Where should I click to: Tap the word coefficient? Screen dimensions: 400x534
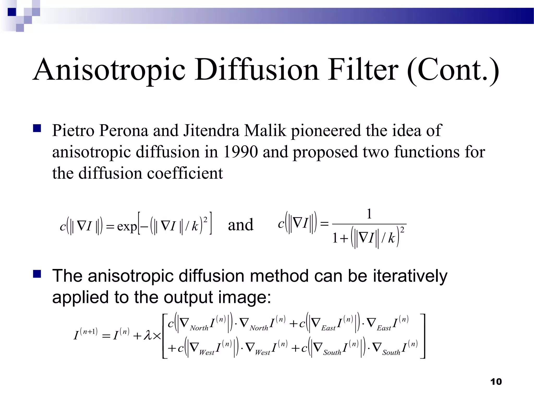coord(185,173)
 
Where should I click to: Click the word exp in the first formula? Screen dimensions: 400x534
coord(127,226)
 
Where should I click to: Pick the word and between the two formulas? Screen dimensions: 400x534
coord(240,224)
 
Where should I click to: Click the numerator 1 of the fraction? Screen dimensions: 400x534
coord(369,214)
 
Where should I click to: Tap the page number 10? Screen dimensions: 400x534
coord(496,382)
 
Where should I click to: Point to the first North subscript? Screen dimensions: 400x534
coord(199,328)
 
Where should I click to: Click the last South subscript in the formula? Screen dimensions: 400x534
coord(391,353)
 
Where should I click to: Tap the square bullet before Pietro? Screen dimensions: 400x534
coord(37,129)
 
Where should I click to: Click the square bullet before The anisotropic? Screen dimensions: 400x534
coord(37,274)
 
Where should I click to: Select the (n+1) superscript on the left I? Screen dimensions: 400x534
coord(89,332)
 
